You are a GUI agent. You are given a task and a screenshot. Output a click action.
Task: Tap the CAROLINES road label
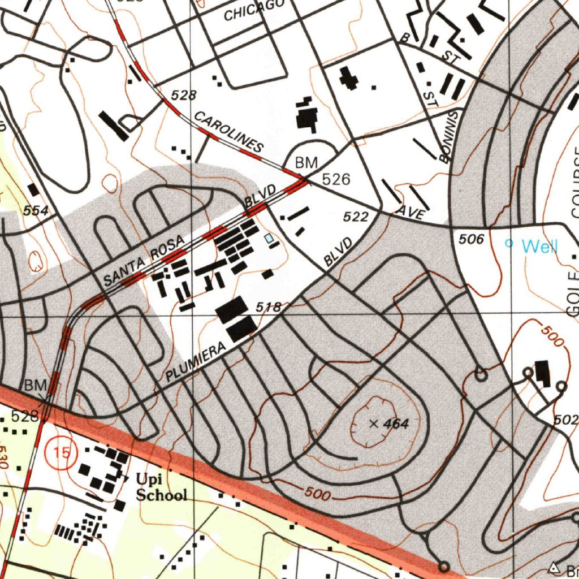click(x=228, y=132)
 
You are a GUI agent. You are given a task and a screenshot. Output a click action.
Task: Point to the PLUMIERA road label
click(x=196, y=362)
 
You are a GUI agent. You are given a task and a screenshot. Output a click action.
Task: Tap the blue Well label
click(x=539, y=246)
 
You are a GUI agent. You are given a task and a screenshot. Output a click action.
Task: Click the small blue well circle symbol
click(x=508, y=244)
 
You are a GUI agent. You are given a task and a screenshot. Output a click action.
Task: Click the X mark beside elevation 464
click(x=373, y=423)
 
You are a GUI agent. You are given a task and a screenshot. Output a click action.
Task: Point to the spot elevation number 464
click(x=396, y=424)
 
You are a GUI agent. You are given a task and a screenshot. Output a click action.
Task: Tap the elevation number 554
click(x=35, y=210)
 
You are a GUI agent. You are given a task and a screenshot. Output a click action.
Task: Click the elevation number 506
click(x=471, y=240)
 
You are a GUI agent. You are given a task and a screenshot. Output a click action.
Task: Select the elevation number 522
click(x=356, y=217)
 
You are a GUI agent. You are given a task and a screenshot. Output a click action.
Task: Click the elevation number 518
click(x=269, y=307)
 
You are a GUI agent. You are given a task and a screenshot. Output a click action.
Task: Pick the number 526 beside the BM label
click(x=336, y=180)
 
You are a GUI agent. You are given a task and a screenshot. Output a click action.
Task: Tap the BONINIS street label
click(x=452, y=136)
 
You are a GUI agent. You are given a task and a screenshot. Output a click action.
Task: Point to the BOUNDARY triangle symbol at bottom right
click(x=554, y=567)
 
